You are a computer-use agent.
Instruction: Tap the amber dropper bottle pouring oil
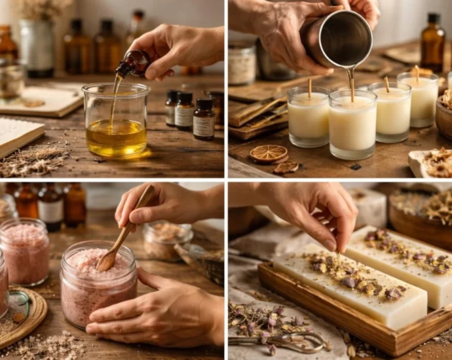(x=133, y=65)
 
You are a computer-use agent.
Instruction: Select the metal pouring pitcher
(x=341, y=39)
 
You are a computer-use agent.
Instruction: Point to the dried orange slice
(x=269, y=154)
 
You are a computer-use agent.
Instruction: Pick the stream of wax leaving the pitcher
(x=351, y=82)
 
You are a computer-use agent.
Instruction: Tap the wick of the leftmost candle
(x=309, y=88)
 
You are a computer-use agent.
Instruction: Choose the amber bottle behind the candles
(x=432, y=45)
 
